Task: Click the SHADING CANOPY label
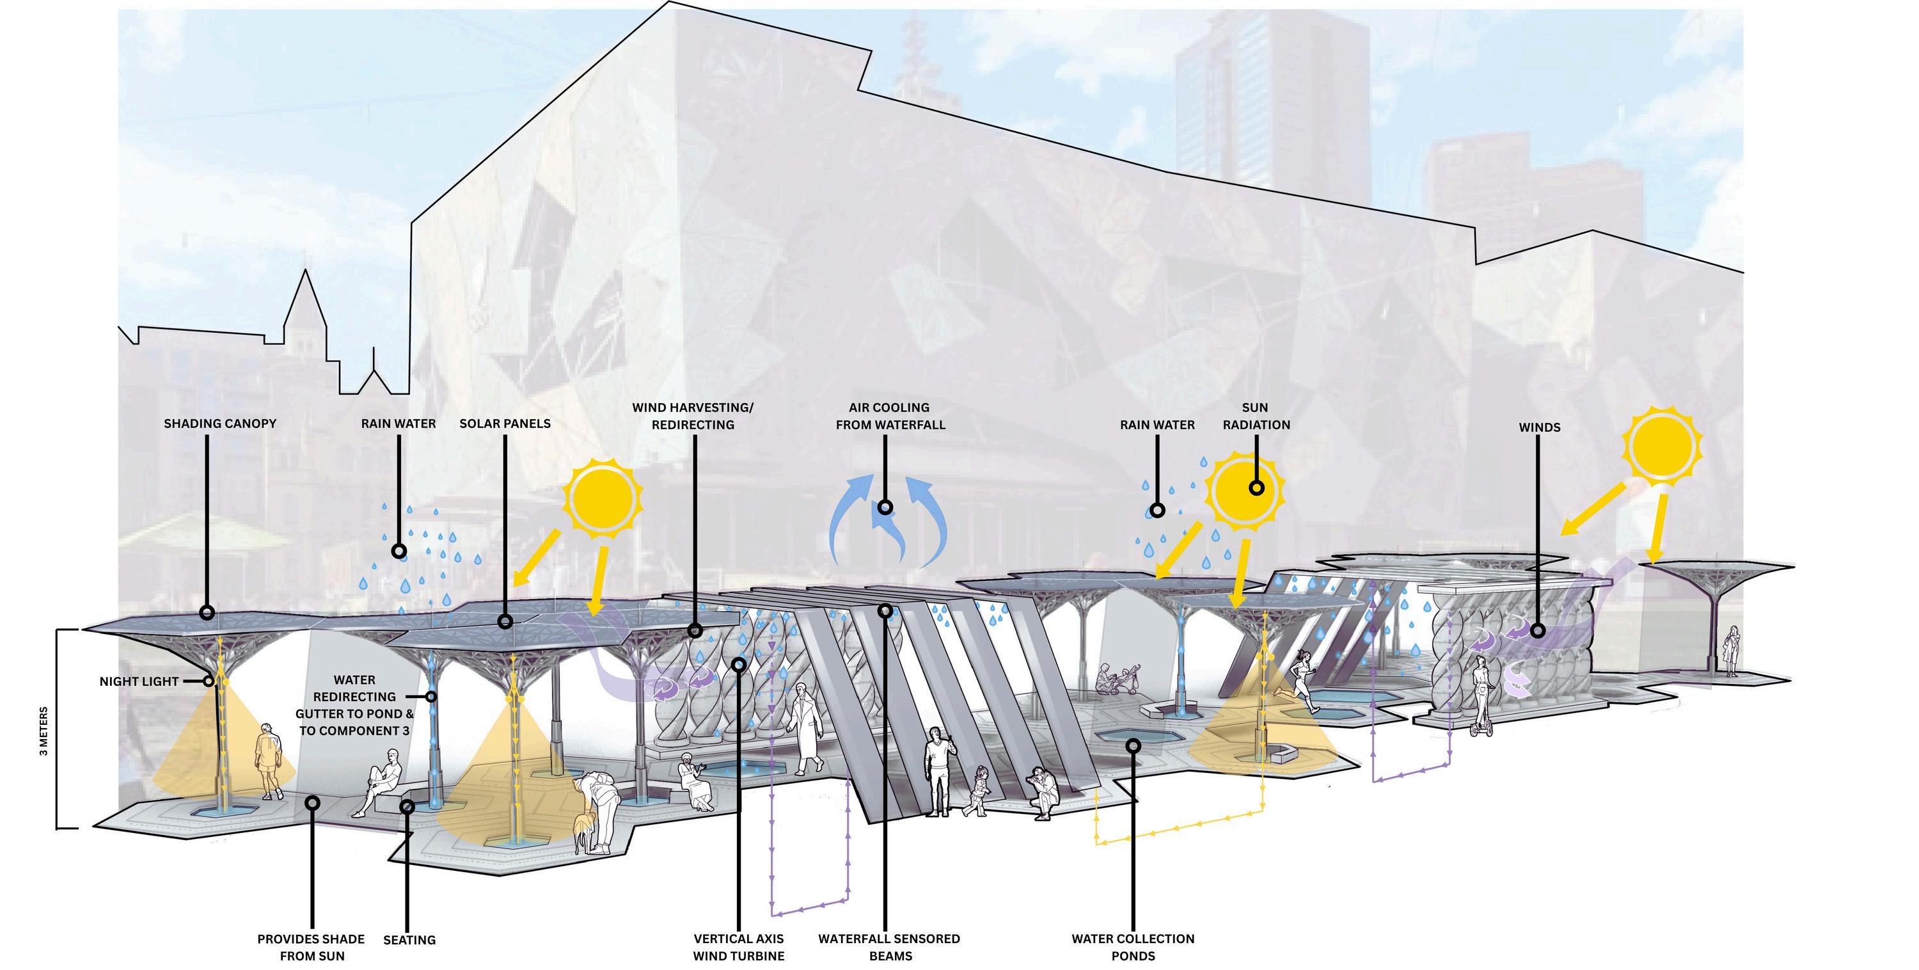click(x=220, y=423)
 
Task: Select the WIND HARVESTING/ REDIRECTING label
click(x=693, y=416)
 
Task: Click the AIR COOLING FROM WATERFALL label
click(x=890, y=416)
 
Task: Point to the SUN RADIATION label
click(x=1256, y=416)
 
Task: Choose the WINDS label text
click(x=1539, y=427)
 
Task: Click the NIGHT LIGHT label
click(x=139, y=681)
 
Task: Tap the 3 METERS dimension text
click(x=44, y=731)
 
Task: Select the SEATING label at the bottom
click(x=409, y=939)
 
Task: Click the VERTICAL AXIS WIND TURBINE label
click(x=738, y=947)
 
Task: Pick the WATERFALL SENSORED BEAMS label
click(x=888, y=947)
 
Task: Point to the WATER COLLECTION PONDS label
click(x=1132, y=947)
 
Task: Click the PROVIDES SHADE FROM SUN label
click(x=312, y=947)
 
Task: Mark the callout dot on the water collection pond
click(x=1133, y=745)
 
